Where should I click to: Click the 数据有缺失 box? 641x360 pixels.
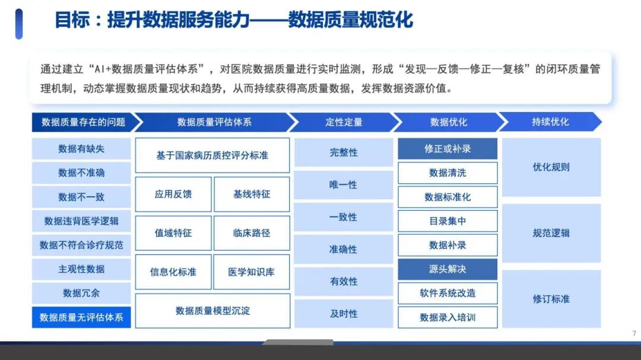pos(81,149)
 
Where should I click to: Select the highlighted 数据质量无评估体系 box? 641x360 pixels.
pos(81,317)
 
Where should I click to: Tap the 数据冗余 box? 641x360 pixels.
pos(81,294)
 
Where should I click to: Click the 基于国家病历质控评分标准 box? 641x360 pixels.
pos(212,155)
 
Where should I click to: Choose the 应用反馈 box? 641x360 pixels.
pos(173,194)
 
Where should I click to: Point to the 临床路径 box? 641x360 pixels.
pos(252,233)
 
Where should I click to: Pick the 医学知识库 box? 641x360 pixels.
pos(252,272)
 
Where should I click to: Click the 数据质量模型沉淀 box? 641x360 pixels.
pos(212,311)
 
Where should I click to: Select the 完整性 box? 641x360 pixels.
pos(344,152)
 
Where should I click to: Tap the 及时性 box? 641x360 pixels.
pos(344,314)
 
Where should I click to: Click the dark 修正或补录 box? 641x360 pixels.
pos(448,149)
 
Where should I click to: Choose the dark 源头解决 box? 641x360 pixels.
pos(448,269)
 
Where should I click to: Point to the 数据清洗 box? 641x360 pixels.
pos(448,173)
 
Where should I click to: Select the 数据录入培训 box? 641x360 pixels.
pos(448,317)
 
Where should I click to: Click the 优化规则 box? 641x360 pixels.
pos(551,167)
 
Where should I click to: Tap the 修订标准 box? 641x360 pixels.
pos(551,299)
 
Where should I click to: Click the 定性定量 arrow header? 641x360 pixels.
pos(344,122)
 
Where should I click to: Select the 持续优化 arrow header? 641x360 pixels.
pos(550,122)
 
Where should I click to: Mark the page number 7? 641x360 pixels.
pos(634,333)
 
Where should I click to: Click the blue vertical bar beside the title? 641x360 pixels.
pos(19,24)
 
